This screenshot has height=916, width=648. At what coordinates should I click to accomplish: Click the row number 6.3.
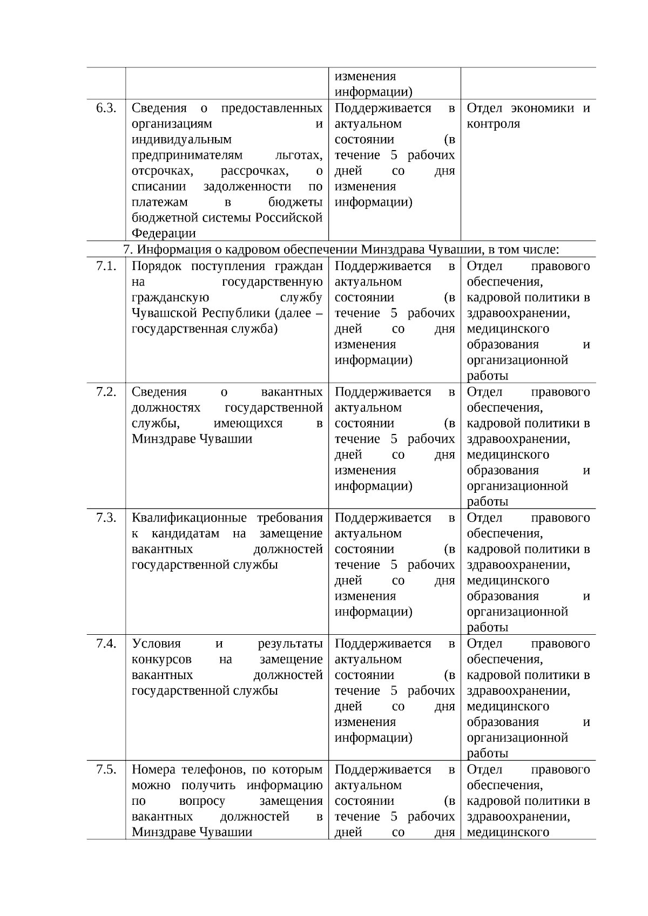(x=106, y=108)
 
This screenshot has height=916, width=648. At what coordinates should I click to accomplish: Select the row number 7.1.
(x=106, y=266)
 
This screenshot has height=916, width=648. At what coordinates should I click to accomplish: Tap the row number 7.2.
(x=106, y=392)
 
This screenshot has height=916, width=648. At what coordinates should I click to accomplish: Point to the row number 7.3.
(x=106, y=518)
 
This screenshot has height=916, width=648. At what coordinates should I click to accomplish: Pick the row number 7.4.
(x=106, y=643)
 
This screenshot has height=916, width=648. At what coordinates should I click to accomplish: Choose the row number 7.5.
(x=106, y=769)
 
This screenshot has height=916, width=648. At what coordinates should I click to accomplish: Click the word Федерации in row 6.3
(x=164, y=233)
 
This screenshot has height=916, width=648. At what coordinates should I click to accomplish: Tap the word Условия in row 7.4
(x=156, y=643)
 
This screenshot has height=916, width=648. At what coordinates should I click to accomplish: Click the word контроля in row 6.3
(x=493, y=124)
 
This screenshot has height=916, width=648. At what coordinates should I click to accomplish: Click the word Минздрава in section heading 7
(x=393, y=249)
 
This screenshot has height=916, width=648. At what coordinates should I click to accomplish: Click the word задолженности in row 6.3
(x=247, y=186)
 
